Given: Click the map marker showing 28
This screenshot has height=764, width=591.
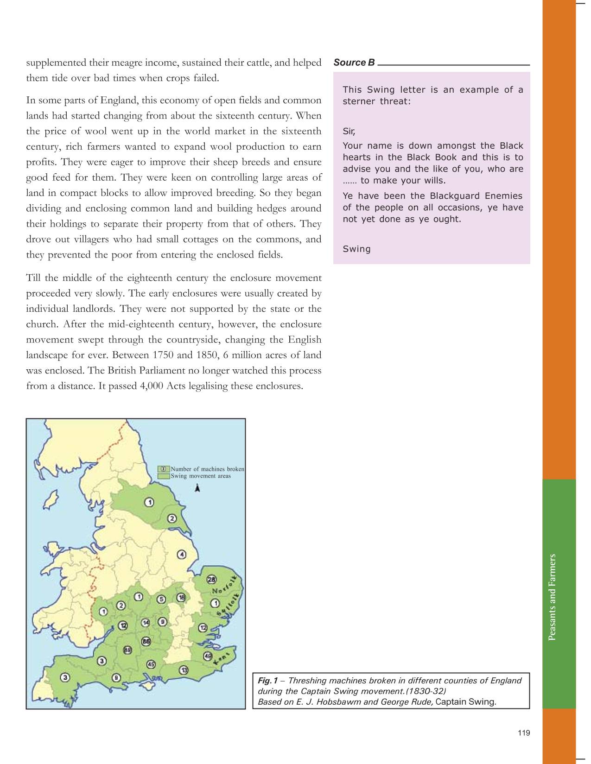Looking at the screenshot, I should (211, 580).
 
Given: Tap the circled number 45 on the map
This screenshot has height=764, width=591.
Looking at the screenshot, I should (151, 664).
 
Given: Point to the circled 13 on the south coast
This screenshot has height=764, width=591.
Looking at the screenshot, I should (184, 669).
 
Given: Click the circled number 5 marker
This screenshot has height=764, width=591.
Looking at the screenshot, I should (161, 599).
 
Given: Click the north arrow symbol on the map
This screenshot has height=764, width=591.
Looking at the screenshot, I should (198, 487).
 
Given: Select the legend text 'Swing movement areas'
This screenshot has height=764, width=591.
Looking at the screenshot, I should (201, 476).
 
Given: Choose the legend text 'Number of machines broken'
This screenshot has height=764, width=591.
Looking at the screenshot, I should (207, 469).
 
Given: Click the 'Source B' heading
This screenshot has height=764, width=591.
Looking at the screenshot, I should (354, 63).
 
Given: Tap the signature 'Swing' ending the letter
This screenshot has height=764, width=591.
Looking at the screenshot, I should (356, 249).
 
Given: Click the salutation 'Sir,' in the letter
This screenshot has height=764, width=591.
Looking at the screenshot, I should (349, 131).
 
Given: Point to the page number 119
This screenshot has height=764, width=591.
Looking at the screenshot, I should (523, 732).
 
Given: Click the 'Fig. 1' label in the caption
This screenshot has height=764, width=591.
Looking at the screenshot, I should (267, 681).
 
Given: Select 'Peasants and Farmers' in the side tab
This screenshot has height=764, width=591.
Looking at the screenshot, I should (552, 597).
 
